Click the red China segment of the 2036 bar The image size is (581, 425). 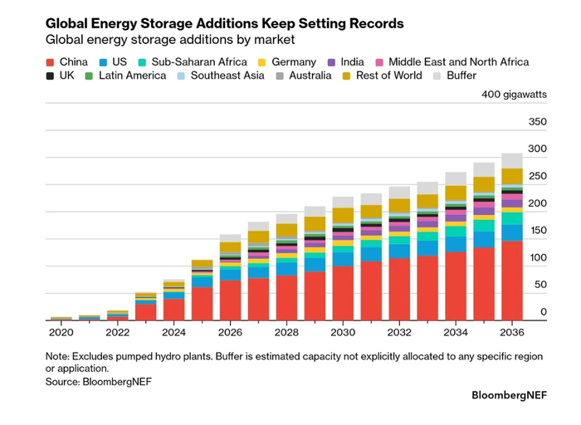click(512, 281)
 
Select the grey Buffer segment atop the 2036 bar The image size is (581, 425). click(512, 161)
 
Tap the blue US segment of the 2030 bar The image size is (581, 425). click(343, 259)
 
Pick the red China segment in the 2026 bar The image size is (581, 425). click(230, 300)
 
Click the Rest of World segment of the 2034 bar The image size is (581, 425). click(456, 193)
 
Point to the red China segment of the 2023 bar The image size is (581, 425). click(145, 312)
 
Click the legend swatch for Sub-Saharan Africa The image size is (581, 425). click(142, 62)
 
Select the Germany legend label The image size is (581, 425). click(294, 62)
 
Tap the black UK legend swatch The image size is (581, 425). click(50, 76)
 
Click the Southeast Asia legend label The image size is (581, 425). click(227, 76)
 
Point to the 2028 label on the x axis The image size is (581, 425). click(286, 332)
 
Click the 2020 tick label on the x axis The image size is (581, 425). click(61, 332)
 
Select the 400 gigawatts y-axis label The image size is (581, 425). click(514, 95)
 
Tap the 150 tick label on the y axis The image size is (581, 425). click(538, 231)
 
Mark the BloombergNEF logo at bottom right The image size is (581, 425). click(509, 395)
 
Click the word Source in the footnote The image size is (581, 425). click(62, 382)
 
